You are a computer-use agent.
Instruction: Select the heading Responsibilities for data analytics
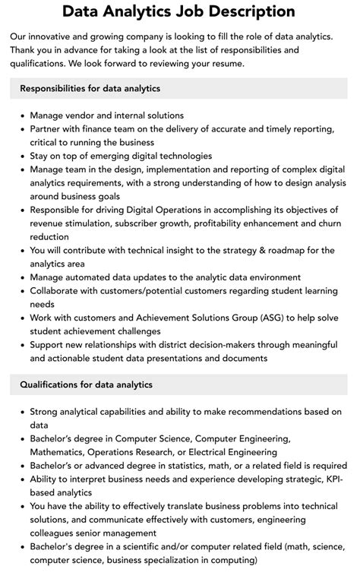pyautogui.click(x=90, y=89)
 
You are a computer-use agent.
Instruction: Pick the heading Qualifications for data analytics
pyautogui.click(x=87, y=384)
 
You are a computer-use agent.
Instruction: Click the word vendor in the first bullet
pyautogui.click(x=84, y=115)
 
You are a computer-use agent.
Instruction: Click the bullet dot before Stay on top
pyautogui.click(x=21, y=156)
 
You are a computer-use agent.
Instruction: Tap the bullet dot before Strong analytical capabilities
pyautogui.click(x=21, y=411)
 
